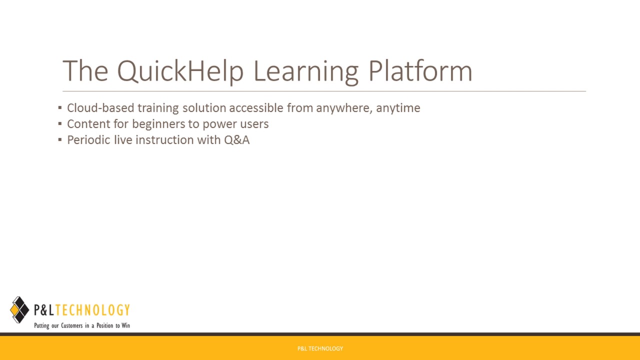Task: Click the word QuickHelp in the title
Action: coord(180,71)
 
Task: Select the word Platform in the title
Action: coord(420,71)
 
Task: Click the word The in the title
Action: coord(85,71)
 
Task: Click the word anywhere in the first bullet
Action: coord(343,108)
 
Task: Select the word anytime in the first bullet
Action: coord(398,108)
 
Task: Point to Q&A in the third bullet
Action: coord(236,140)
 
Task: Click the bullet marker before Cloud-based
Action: coord(60,107)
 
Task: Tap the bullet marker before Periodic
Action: coord(60,139)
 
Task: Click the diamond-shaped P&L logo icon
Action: coord(19,310)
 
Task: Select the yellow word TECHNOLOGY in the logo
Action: coord(92,310)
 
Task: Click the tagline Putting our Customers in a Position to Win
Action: coord(82,325)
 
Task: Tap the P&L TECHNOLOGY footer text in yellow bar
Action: coord(320,348)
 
